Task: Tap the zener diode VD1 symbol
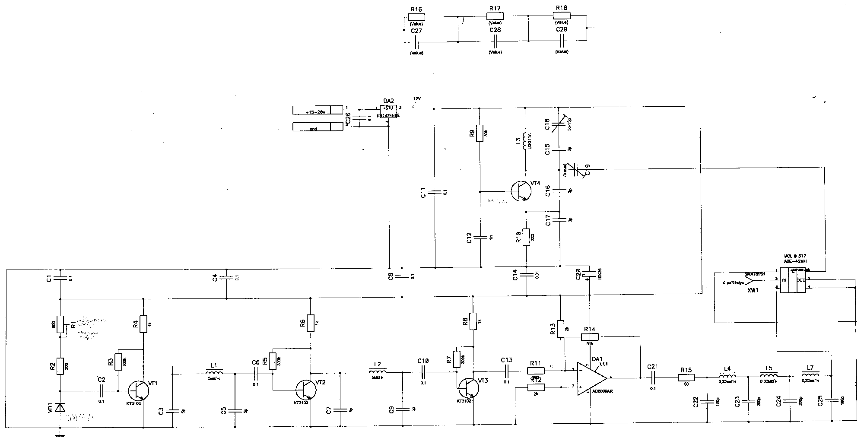[60, 407]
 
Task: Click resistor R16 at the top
[416, 17]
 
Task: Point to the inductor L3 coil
[525, 141]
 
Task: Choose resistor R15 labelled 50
[686, 378]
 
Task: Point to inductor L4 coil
[727, 375]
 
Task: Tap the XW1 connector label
[753, 291]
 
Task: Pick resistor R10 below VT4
[526, 237]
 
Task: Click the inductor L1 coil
[214, 372]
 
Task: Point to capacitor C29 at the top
[562, 41]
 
